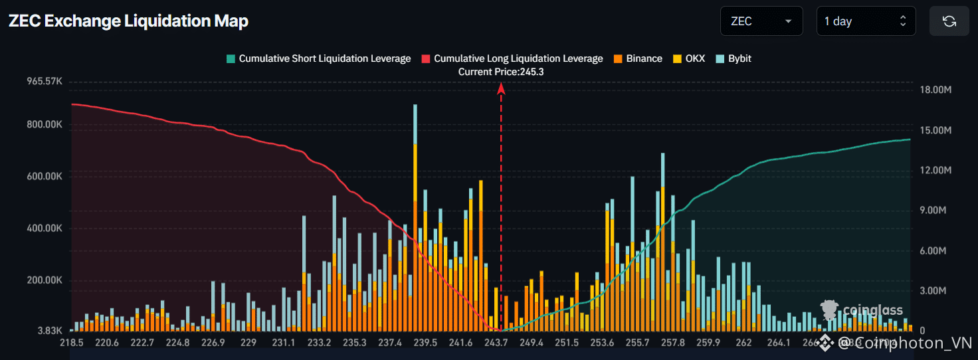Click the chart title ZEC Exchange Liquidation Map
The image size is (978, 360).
128,21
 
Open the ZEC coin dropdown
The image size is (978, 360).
761,21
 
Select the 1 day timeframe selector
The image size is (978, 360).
866,21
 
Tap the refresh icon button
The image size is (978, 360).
949,21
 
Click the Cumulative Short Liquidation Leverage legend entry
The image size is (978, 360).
318,58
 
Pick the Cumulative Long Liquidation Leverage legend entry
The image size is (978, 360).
512,58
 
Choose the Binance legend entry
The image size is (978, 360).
637,58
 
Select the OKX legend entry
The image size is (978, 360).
690,58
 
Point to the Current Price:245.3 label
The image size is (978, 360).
501,72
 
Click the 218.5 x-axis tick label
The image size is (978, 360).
71,343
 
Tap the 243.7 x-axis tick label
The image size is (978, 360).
496,343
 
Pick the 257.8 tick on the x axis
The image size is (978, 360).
673,343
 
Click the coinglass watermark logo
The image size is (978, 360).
862,310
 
